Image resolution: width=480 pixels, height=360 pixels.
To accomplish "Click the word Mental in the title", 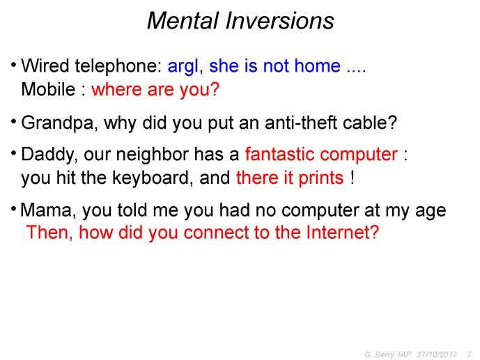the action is (x=183, y=21).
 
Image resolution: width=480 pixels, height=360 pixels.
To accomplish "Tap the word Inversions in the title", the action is (x=280, y=21).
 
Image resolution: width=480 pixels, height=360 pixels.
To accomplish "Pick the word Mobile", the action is (x=48, y=89).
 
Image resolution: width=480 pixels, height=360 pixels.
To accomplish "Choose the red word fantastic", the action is (x=279, y=154).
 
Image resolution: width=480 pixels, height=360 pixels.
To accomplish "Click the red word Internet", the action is (x=343, y=233).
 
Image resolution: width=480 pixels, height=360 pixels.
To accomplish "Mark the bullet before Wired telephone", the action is (x=13, y=65).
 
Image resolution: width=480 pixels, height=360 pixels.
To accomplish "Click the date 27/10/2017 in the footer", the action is (x=437, y=354).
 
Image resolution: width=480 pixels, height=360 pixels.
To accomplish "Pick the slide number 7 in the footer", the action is (x=470, y=354).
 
